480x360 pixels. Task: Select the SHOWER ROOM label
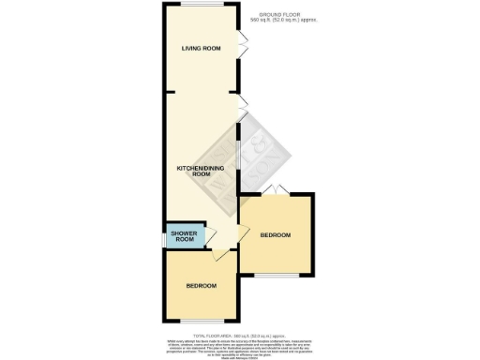click(x=182, y=236)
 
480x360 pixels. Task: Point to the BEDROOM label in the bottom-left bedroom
click(x=201, y=285)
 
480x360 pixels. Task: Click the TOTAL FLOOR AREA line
click(x=238, y=335)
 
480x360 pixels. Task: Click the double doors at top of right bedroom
click(x=273, y=191)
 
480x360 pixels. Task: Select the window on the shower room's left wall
click(x=165, y=238)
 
